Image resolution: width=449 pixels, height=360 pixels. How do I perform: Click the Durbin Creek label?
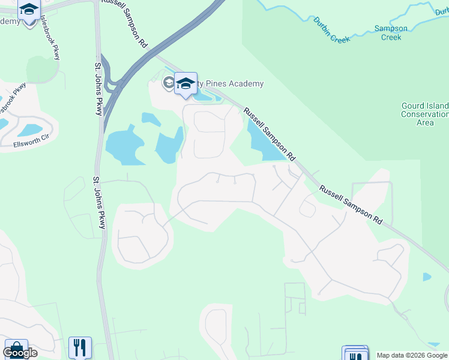pos(331,30)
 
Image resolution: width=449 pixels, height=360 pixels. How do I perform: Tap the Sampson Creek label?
pos(391,32)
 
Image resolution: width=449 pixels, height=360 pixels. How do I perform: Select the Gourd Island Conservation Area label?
pos(425,114)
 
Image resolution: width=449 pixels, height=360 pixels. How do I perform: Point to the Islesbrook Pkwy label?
pos(50,37)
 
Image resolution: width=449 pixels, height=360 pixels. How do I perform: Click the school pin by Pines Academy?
pos(185,84)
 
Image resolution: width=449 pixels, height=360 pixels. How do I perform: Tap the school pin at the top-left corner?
pos(29,11)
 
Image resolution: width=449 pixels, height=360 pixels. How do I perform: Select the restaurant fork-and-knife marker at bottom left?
pos(80,347)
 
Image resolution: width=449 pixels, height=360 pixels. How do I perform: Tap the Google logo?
pos(20,353)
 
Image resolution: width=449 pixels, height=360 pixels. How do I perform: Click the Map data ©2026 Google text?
pos(412,355)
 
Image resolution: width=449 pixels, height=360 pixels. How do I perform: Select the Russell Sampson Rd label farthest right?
pos(351,205)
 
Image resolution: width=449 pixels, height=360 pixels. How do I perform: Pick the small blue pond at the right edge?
pos(426,277)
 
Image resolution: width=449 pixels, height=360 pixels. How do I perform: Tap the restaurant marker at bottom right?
pos(355,354)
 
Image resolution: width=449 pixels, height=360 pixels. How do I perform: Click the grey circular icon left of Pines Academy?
pos(167,83)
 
